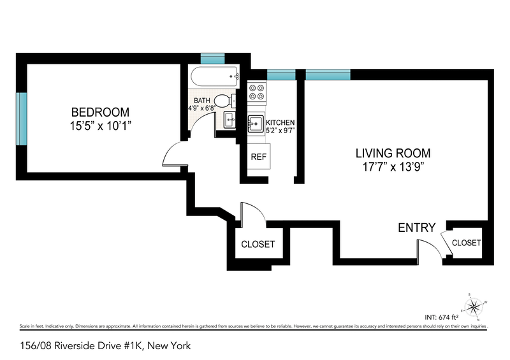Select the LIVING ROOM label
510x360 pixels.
click(393, 153)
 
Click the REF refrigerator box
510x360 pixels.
click(258, 156)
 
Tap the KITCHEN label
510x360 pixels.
click(280, 122)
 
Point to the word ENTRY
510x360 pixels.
click(416, 227)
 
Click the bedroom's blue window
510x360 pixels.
click(22, 119)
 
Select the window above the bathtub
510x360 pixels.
click(212, 56)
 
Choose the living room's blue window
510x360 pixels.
click(327, 75)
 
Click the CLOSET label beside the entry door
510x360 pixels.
click(466, 243)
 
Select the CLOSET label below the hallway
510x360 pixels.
click(258, 244)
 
